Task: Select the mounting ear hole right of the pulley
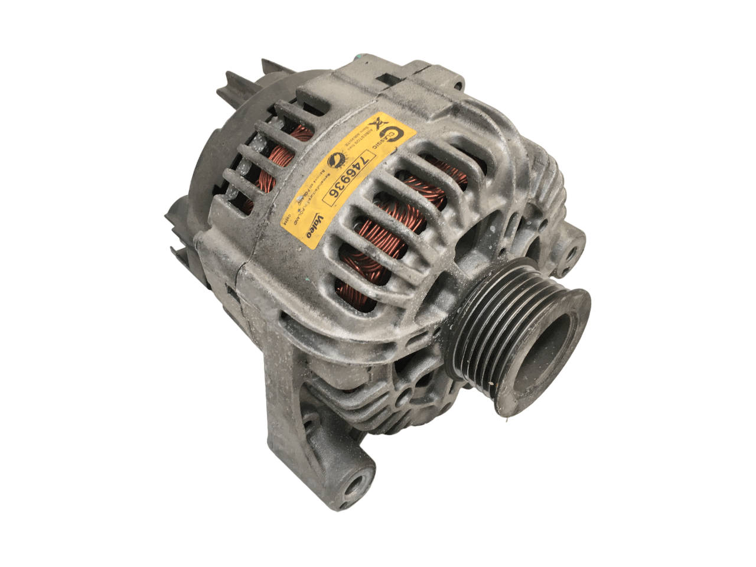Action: (571, 250)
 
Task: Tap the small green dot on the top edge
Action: (359, 57)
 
